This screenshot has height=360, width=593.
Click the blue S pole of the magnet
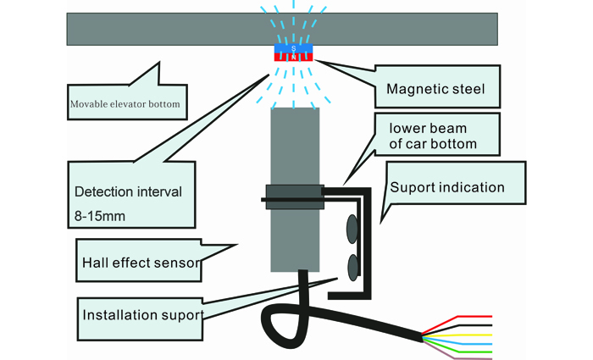293,48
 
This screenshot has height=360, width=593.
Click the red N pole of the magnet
293,57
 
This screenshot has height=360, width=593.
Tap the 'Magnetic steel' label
435,89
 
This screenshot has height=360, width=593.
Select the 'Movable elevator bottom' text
125,104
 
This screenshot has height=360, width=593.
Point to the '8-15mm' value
100,216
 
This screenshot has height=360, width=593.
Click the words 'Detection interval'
128,191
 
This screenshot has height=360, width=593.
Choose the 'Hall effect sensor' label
141,263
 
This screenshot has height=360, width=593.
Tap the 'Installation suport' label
143,315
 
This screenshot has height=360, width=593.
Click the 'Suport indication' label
447,187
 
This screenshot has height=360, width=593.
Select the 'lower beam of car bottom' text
433,136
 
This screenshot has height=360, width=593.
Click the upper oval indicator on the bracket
352,229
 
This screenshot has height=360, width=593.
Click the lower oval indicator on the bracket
353,268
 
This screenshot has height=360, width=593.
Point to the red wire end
474,317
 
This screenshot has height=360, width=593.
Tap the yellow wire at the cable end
474,335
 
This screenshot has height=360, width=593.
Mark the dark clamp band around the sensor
295,197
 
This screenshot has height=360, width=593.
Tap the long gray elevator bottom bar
282,29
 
